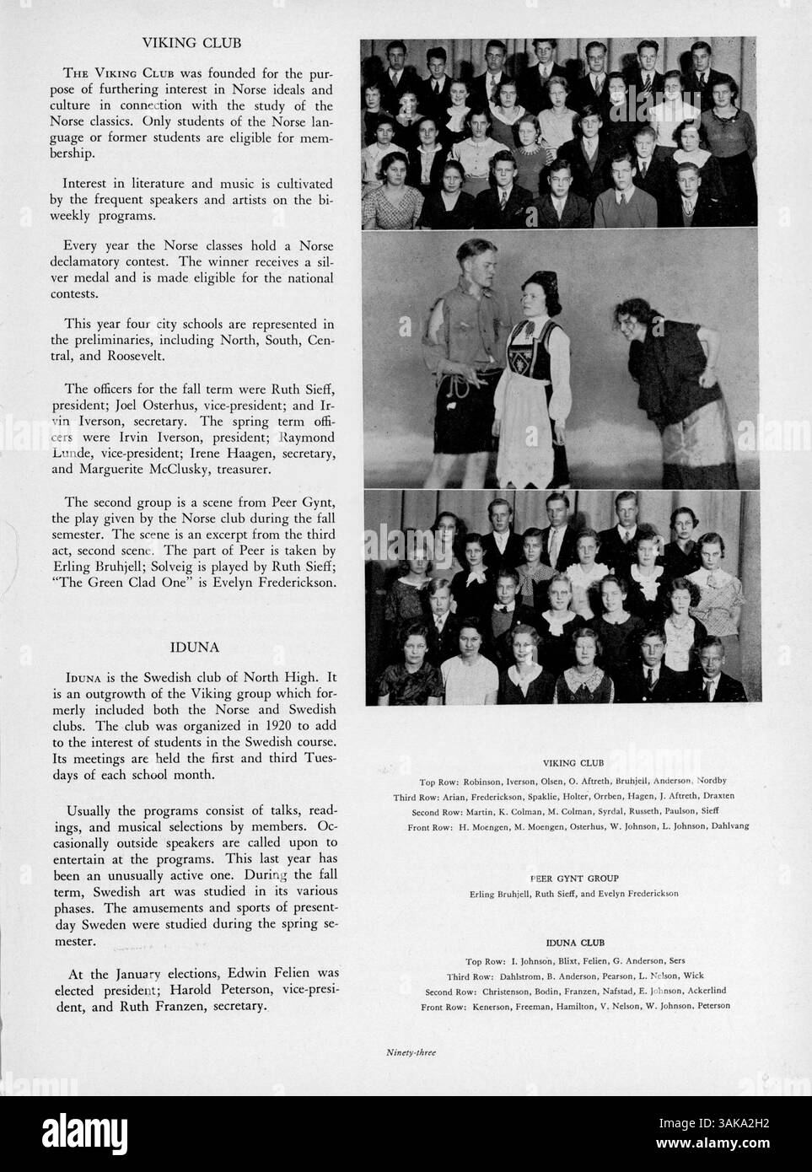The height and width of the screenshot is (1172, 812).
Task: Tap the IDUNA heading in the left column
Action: point(195,648)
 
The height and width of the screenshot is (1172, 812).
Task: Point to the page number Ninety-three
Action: point(411,1051)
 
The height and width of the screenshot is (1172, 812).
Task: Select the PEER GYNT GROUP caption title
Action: point(573,879)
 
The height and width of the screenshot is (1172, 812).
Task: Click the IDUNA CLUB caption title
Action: point(575,943)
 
